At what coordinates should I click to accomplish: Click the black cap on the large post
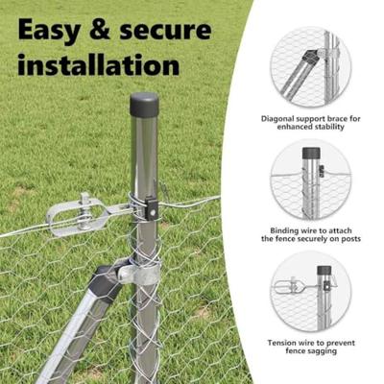tap(144, 104)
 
